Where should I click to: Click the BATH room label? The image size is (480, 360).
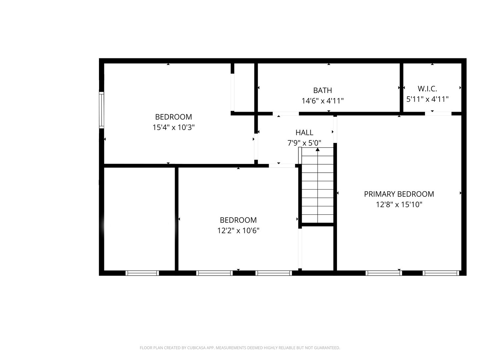pos(322,90)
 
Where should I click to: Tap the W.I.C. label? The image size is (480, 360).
pos(427,89)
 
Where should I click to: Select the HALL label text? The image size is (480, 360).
pos(304,132)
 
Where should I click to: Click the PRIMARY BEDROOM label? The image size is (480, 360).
pos(399,194)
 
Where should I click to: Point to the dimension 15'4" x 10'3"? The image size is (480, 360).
pos(173,127)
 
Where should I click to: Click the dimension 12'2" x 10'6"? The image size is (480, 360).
pos(238,231)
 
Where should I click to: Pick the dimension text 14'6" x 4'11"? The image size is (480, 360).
pos(323,101)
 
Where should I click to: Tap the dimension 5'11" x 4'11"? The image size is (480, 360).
pos(427,99)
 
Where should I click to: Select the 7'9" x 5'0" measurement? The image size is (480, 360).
pos(304,143)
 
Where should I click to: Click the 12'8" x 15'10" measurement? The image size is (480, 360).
pos(399,205)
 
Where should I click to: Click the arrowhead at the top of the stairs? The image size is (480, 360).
pos(318,150)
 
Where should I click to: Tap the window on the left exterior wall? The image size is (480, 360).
pos(101,110)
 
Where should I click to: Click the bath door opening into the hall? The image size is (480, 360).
pos(286,114)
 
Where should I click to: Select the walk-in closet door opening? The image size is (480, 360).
pos(438,114)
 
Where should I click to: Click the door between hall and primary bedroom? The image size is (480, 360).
pos(335,130)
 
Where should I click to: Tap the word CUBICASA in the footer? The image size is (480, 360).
pos(196,348)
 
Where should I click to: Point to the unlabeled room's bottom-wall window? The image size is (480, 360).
pos(142,273)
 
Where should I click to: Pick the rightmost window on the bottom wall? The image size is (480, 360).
pos(441,273)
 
